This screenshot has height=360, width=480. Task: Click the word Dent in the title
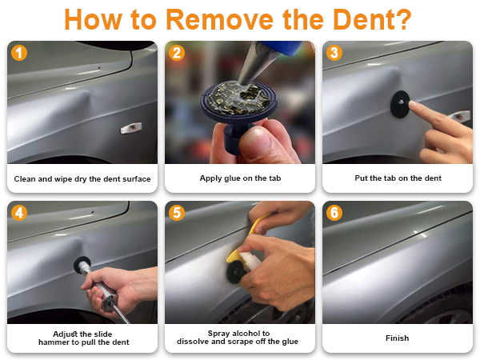tap(372, 19)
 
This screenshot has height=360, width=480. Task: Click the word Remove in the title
tap(219, 19)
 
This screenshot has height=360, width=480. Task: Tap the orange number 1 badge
tap(19, 53)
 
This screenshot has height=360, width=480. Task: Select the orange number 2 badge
tap(177, 53)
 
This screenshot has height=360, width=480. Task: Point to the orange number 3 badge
tap(334, 53)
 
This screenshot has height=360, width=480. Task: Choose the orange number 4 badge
tap(19, 213)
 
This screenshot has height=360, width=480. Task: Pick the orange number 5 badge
tap(177, 213)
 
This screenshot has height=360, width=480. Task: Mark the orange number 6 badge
tap(334, 213)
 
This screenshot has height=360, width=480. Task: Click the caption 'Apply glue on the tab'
tap(240, 178)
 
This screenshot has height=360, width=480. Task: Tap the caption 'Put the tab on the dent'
tap(398, 178)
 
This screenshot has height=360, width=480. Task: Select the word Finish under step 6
tap(397, 338)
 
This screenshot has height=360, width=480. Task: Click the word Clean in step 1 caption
tap(25, 178)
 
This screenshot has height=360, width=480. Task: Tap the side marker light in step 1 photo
tap(131, 128)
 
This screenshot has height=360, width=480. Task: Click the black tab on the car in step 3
tap(400, 104)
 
